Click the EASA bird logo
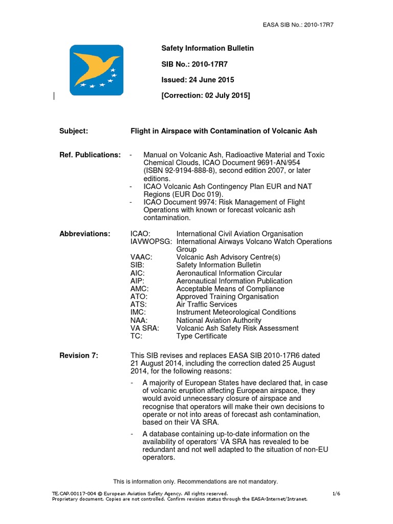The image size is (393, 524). [96, 69]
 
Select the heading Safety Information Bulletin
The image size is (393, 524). [207, 48]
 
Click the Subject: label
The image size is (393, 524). [74, 131]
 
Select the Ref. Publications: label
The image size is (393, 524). [90, 155]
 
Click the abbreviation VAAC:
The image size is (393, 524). [141, 257]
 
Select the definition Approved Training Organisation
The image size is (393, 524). [227, 296]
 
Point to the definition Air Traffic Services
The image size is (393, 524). [207, 304]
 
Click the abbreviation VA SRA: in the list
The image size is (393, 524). [145, 328]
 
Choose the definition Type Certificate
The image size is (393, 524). [202, 336]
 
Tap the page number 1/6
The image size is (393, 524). [336, 493]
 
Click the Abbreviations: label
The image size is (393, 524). [84, 234]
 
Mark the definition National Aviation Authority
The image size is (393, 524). [219, 320]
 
